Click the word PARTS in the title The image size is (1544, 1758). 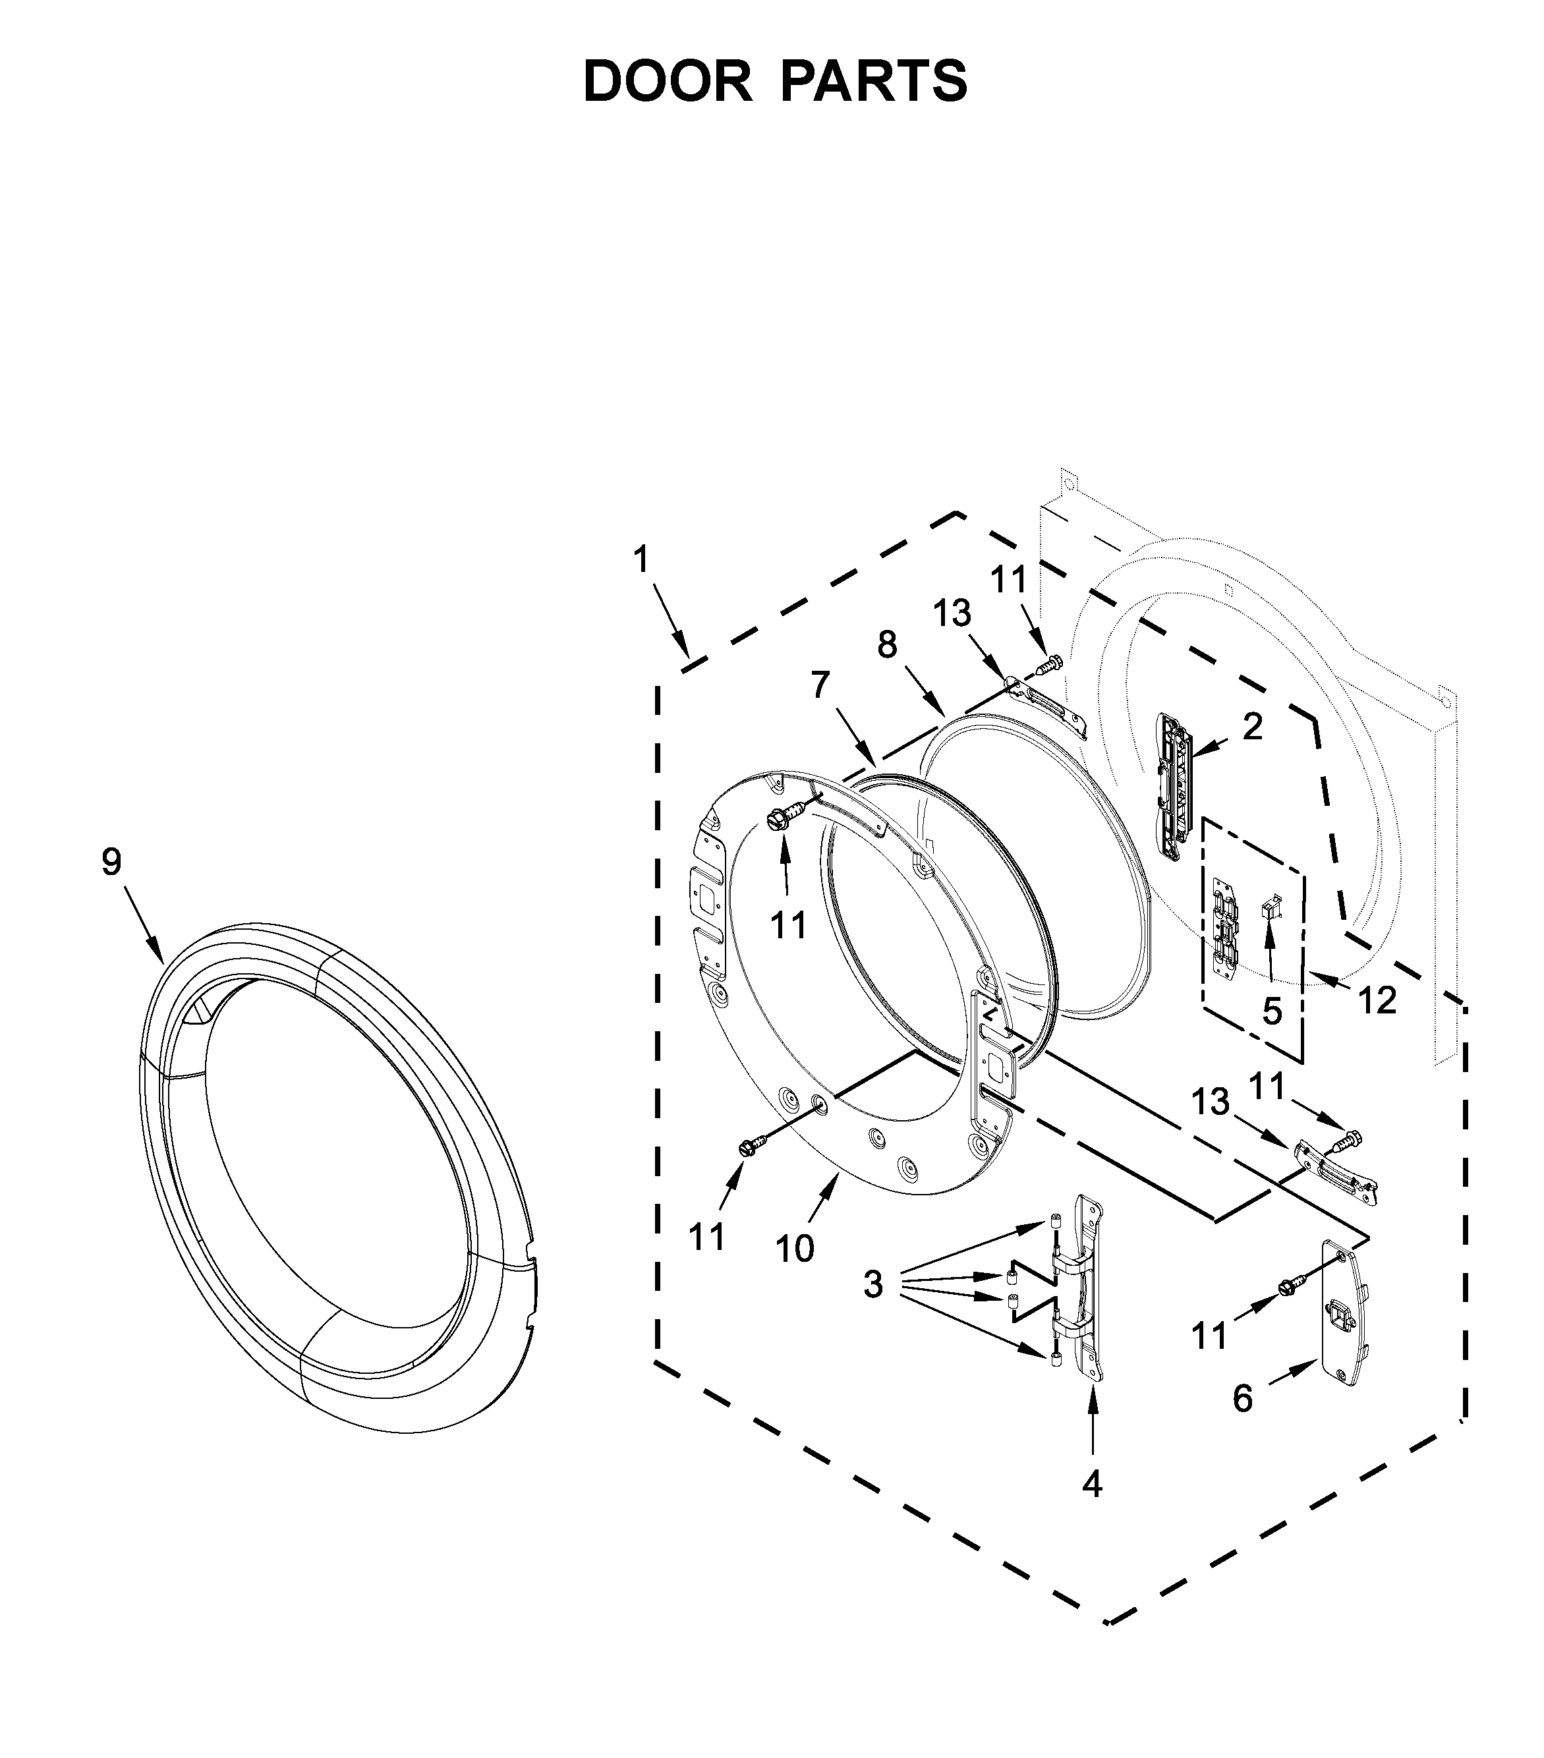coord(874,82)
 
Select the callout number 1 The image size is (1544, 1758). coord(640,560)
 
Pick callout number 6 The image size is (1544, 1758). coord(1242,1400)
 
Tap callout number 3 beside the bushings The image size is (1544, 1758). coord(872,1285)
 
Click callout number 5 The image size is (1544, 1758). coord(1272,1011)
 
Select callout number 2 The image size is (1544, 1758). coord(1253,727)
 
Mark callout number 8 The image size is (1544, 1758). coord(887,644)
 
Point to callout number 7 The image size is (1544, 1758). coord(820,685)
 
